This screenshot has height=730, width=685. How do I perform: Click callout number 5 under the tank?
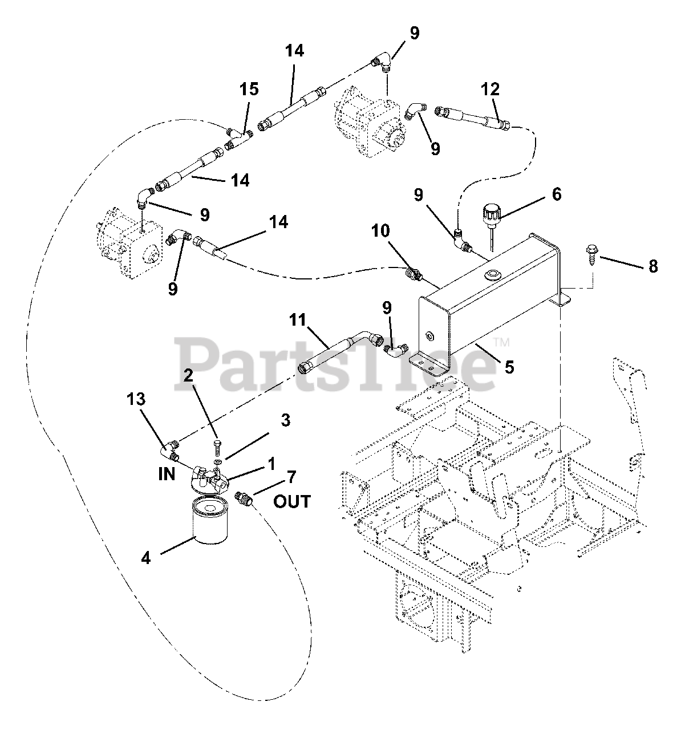coord(509,366)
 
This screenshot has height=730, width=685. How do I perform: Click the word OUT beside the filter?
coord(292,501)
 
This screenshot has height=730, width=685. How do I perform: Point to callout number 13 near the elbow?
coord(137,399)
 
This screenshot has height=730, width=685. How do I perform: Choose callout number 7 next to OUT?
coord(291,476)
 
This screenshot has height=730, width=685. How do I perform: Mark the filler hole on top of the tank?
coord(490,276)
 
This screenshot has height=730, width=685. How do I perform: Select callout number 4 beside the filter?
coord(146,558)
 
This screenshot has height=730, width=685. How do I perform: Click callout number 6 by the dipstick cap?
coord(556,194)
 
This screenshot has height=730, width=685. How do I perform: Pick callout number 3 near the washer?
coord(285,420)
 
